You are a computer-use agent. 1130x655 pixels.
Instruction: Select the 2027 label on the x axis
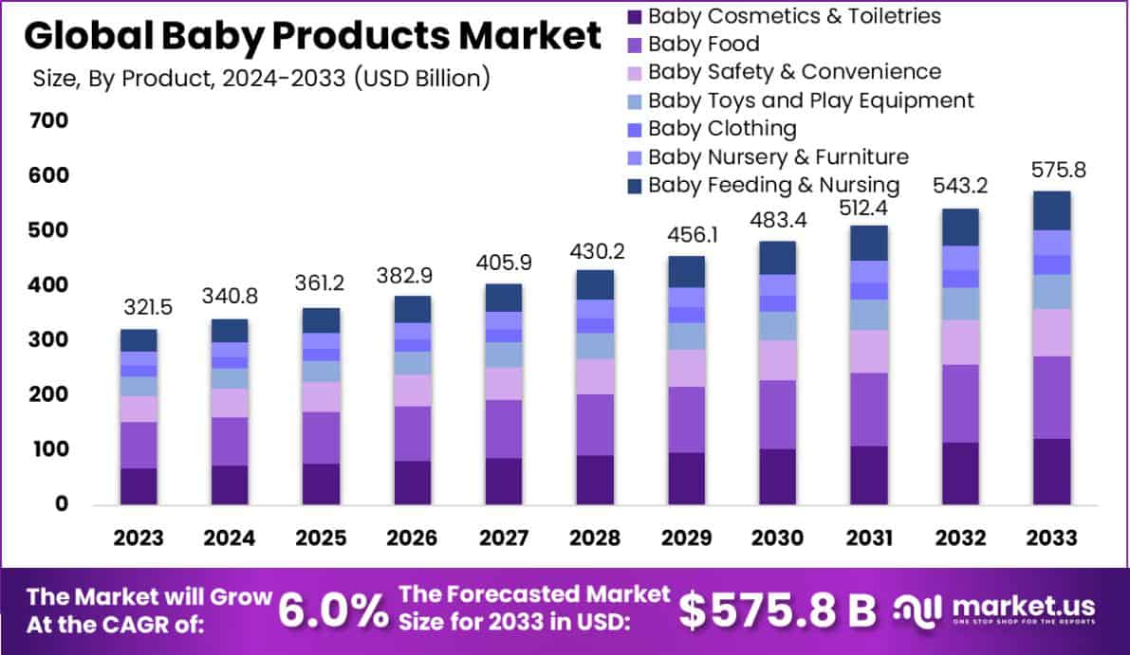coord(503,538)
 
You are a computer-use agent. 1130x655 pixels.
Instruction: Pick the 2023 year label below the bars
coord(139,538)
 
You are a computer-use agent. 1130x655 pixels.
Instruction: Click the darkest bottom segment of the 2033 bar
coord(1052,471)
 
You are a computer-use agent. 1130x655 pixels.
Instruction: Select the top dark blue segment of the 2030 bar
coord(777,258)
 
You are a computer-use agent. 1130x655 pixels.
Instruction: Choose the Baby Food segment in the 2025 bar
coord(321,437)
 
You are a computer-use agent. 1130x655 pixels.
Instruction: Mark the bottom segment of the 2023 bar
coord(139,485)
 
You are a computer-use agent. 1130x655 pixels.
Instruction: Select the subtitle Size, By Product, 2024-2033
coord(261,78)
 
